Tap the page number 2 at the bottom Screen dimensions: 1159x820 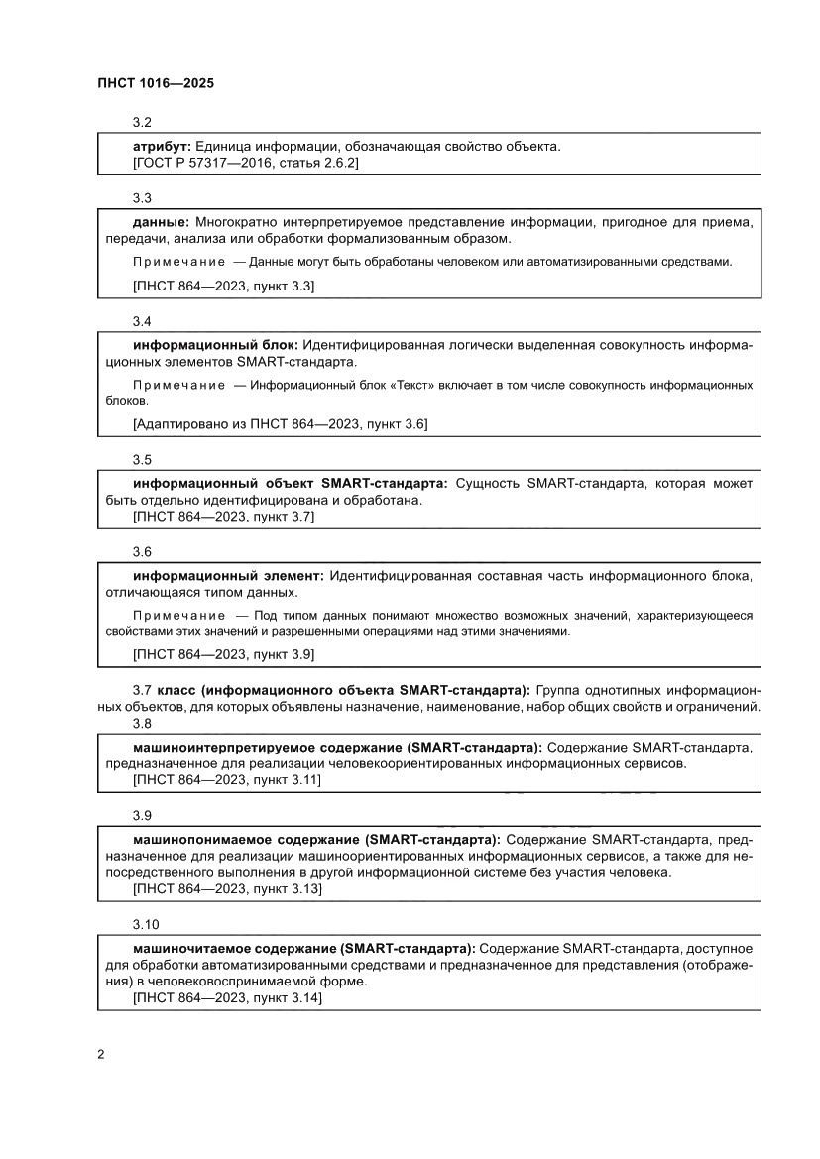(x=101, y=1053)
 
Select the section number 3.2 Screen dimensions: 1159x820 (x=142, y=123)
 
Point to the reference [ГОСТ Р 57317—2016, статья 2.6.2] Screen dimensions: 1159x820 (x=245, y=162)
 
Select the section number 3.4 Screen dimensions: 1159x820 (x=142, y=322)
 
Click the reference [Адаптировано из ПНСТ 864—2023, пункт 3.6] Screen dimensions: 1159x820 (x=280, y=424)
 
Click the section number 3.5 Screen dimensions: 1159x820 (x=142, y=460)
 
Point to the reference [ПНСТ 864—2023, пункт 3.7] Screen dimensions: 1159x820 (x=223, y=516)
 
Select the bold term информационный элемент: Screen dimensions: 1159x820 (x=228, y=576)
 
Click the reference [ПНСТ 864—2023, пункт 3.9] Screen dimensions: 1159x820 (x=223, y=654)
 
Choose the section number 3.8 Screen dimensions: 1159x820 (x=142, y=724)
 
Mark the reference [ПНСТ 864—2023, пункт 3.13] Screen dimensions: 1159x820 (x=227, y=889)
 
